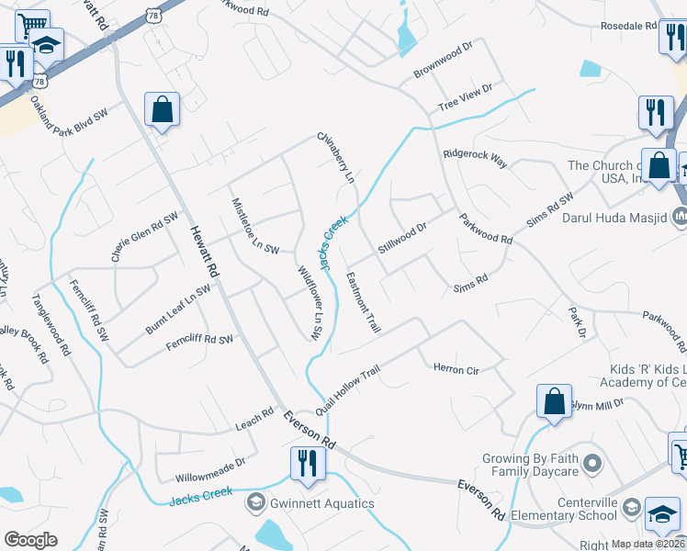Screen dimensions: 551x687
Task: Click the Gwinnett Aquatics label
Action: [321, 503]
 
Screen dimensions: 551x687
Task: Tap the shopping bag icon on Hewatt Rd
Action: [162, 109]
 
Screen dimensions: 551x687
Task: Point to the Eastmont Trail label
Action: [363, 302]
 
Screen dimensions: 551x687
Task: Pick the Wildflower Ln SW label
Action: [308, 304]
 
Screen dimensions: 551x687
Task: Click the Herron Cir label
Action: [456, 369]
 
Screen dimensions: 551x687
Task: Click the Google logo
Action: [31, 539]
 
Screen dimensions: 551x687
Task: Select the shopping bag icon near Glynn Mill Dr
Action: [555, 402]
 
